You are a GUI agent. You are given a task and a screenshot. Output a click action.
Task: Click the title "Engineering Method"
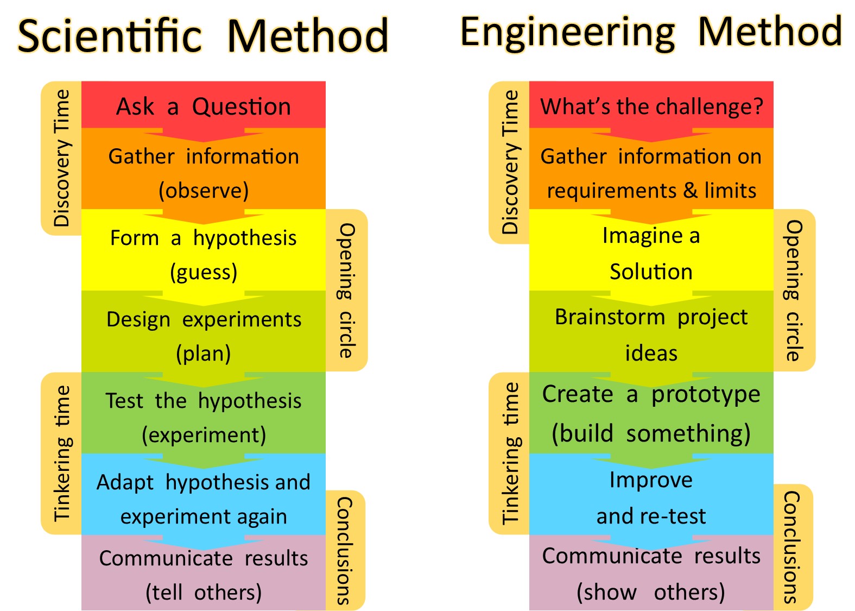651,34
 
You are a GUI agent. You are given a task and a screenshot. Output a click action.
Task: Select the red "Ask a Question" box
204,105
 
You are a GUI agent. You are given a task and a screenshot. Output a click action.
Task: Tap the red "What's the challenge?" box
651,105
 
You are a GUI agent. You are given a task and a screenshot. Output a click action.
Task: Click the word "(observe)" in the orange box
204,191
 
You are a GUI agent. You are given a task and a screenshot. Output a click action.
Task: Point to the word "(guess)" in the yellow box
204,272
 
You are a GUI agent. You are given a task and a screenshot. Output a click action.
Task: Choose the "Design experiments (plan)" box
204,331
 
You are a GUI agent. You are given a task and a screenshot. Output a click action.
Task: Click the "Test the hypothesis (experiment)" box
204,413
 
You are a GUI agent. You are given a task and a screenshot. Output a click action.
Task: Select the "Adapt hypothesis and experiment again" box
204,494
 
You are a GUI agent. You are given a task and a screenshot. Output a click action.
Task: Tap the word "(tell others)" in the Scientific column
204,593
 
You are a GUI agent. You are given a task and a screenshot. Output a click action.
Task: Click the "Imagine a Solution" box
651,250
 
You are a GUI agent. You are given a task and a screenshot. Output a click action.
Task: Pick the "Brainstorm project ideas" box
651,331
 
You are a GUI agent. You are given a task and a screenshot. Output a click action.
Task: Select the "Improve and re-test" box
651,494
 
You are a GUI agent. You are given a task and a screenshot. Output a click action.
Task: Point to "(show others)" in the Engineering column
651,593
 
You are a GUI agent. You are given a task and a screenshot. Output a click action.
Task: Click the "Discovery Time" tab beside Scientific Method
61,158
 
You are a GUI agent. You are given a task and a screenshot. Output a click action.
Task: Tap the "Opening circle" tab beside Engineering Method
794,290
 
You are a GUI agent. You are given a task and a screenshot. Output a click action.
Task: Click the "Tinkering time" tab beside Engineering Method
509,453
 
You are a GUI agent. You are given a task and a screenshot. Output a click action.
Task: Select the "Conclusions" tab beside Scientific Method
345,550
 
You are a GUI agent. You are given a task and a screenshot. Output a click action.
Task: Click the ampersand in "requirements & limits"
690,190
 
